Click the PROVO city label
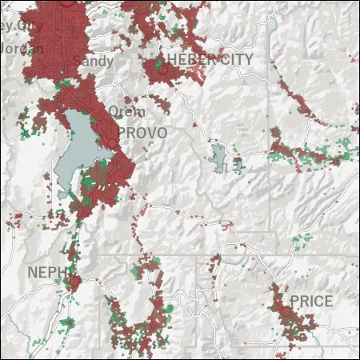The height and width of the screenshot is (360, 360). point(142,133)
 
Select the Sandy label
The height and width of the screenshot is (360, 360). point(88,61)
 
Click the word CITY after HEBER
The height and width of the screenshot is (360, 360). point(237,60)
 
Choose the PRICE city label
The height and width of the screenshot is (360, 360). point(311,301)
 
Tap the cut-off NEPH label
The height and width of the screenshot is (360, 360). point(44,272)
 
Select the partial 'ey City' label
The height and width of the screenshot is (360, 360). point(19,26)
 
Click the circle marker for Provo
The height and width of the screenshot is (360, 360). point(113,144)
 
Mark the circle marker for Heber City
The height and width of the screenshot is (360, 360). point(162,70)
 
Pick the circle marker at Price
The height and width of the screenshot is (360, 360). point(285,310)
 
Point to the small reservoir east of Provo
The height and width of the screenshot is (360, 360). point(218,156)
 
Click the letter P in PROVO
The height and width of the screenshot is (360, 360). point(122,133)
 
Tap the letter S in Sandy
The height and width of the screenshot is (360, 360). point(77,61)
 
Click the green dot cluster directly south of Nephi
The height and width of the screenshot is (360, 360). point(67,322)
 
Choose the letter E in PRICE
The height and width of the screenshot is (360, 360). point(328,301)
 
